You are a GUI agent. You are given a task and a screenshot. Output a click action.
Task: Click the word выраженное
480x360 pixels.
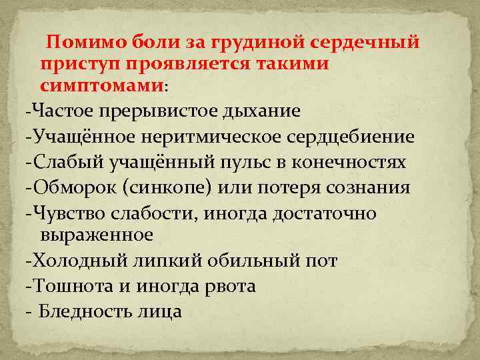[97, 235]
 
